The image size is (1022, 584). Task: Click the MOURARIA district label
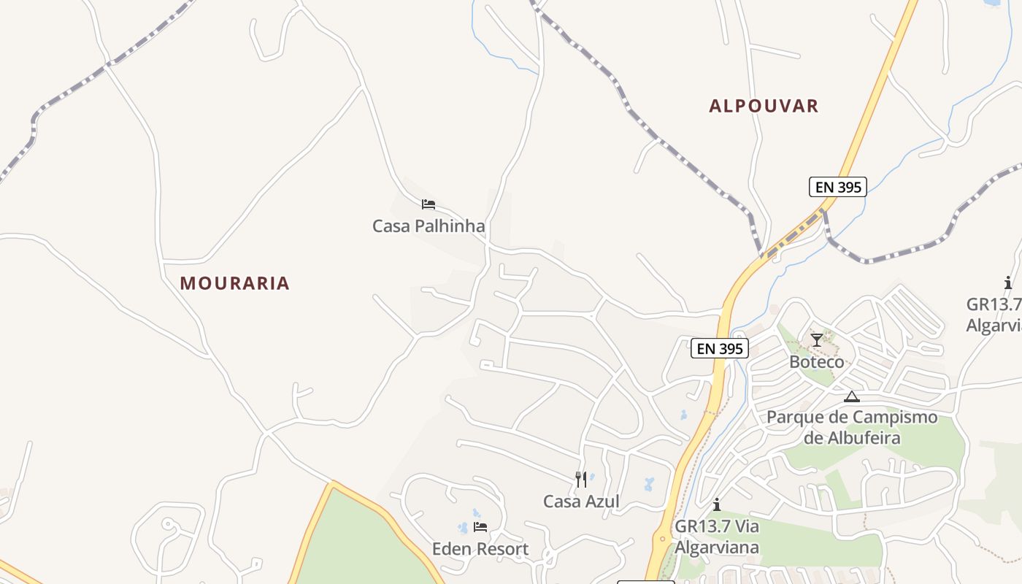click(x=234, y=283)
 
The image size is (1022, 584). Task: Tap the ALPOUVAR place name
click(x=764, y=106)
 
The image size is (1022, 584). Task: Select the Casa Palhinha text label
click(x=429, y=226)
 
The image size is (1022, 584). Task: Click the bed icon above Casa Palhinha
click(x=429, y=204)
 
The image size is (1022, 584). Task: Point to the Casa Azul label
click(x=581, y=502)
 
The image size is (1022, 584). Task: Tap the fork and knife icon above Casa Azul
click(x=581, y=480)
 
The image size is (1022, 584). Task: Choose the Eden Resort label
click(x=480, y=549)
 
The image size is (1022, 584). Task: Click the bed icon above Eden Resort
click(x=480, y=526)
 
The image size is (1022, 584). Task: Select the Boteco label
click(x=817, y=362)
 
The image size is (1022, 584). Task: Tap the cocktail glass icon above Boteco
click(x=817, y=340)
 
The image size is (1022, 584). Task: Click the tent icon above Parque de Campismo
click(x=851, y=396)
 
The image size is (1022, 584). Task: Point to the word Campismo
click(x=895, y=418)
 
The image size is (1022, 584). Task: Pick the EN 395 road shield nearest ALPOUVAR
click(x=838, y=187)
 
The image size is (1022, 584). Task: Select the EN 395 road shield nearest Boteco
click(x=720, y=349)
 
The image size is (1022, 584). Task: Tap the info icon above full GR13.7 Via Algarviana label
click(x=717, y=504)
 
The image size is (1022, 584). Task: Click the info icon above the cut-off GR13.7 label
click(x=1008, y=283)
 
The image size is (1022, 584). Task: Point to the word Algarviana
click(x=717, y=547)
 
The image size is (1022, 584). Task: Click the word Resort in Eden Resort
click(x=503, y=549)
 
